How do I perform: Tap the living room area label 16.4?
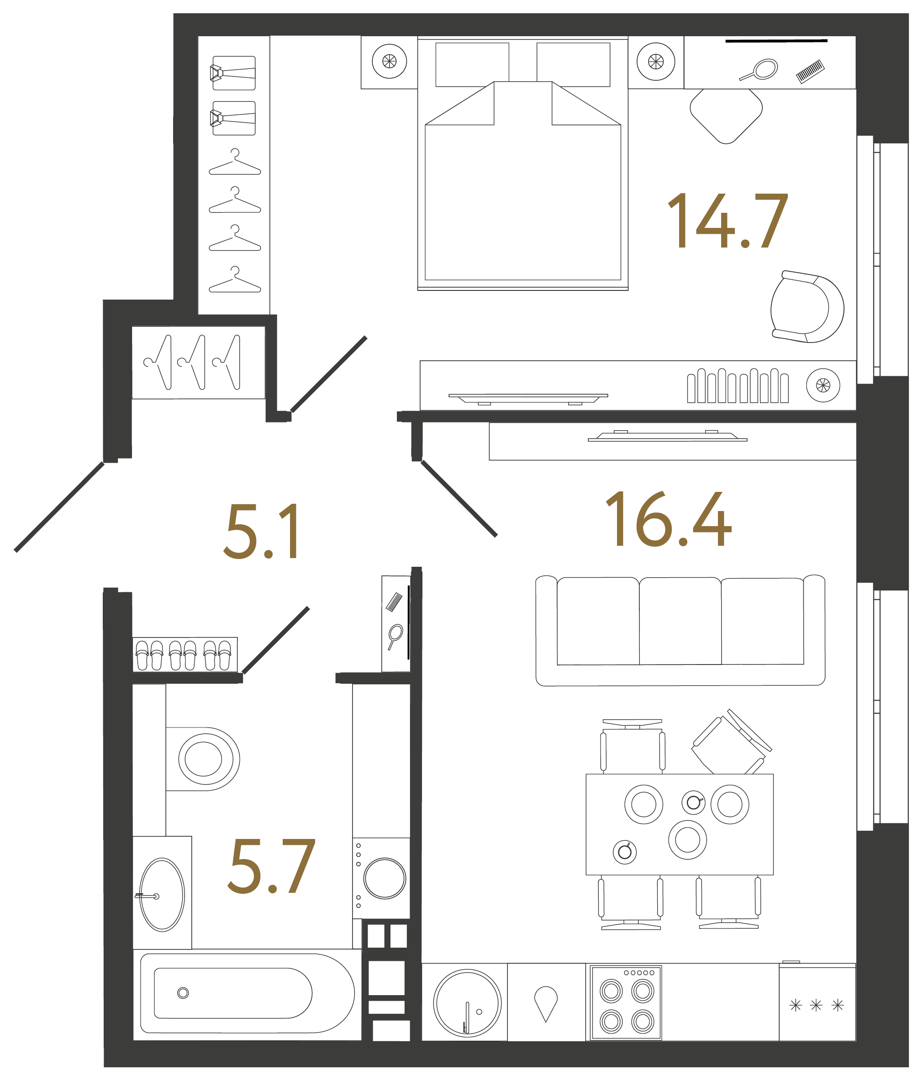pyautogui.click(x=668, y=519)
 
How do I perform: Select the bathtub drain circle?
pyautogui.click(x=183, y=993)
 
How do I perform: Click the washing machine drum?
pyautogui.click(x=385, y=878)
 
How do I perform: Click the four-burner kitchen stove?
pyautogui.click(x=626, y=1003)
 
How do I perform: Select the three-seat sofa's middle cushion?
pyautogui.click(x=680, y=621)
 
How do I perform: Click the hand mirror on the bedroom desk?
pyautogui.click(x=759, y=70)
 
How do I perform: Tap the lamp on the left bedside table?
pyautogui.click(x=389, y=61)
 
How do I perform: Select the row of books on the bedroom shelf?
pyautogui.click(x=738, y=385)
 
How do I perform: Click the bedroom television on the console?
pyautogui.click(x=528, y=399)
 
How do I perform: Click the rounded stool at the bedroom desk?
pyautogui.click(x=726, y=115)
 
